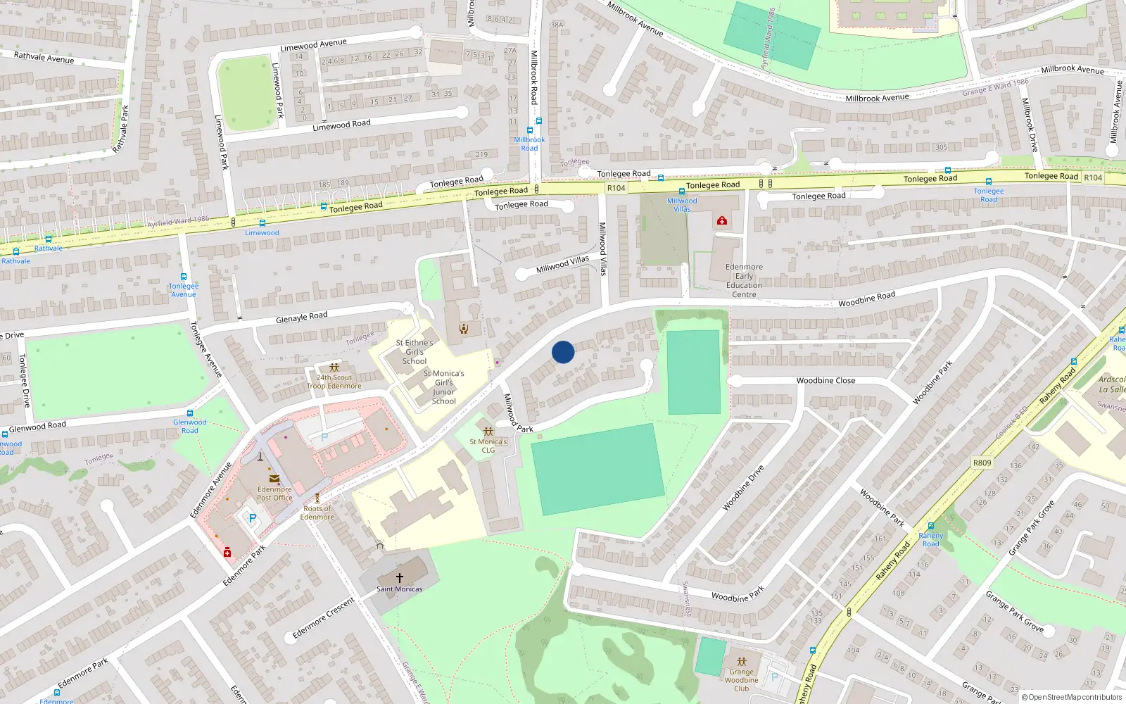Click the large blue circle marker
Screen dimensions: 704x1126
pyautogui.click(x=563, y=352)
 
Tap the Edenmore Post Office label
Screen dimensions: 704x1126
pyautogui.click(x=274, y=494)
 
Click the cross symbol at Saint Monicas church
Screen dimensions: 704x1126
pyautogui.click(x=400, y=577)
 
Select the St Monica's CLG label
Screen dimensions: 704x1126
pyautogui.click(x=488, y=446)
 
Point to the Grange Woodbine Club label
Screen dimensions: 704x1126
pyautogui.click(x=741, y=680)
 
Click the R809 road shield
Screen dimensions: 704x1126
pyautogui.click(x=982, y=463)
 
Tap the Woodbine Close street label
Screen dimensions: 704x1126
pyautogui.click(x=825, y=380)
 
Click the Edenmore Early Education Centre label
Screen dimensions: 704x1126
pyautogui.click(x=744, y=280)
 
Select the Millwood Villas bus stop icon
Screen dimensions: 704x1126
pyautogui.click(x=681, y=191)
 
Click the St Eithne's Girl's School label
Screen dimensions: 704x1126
pyautogui.click(x=414, y=352)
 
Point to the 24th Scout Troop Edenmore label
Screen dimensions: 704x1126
pyautogui.click(x=334, y=382)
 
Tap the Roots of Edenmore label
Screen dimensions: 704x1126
pyautogui.click(x=317, y=513)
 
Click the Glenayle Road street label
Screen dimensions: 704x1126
pyautogui.click(x=301, y=318)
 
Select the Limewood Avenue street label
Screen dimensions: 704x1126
pyautogui.click(x=313, y=45)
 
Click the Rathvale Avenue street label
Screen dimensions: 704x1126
pyautogui.click(x=44, y=58)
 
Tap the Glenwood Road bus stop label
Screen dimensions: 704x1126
pyautogui.click(x=190, y=426)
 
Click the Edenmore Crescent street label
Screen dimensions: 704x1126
pyautogui.click(x=324, y=618)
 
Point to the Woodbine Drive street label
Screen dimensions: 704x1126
pyautogui.click(x=743, y=487)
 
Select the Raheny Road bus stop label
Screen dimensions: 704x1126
pyautogui.click(x=930, y=539)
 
